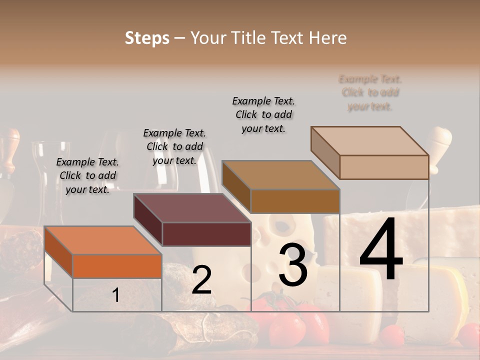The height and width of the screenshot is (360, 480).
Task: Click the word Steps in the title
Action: [147, 38]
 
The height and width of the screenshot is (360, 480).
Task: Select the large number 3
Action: [293, 265]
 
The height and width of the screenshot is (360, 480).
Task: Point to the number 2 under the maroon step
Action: [201, 280]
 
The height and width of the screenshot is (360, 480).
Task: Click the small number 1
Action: [115, 295]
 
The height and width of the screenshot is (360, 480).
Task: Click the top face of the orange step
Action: [102, 240]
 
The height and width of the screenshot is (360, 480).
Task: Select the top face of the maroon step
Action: [192, 208]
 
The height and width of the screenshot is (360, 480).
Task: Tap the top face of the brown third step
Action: [280, 175]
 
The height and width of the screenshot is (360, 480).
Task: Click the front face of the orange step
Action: [117, 266]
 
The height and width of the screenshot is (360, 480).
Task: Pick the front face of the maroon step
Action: [206, 234]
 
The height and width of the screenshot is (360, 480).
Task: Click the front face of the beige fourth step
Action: [384, 167]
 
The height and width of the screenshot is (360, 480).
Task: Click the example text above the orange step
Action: [87, 175]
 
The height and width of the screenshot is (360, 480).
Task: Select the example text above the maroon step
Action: [174, 146]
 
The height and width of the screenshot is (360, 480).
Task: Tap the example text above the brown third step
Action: [263, 114]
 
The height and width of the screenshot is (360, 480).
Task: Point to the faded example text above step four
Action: [370, 92]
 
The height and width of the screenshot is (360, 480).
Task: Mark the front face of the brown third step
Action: [295, 201]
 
